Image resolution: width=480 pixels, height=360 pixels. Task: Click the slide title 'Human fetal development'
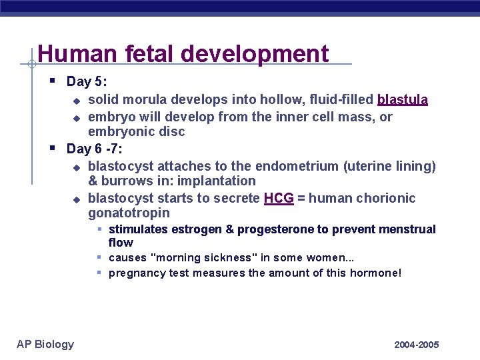[183, 53]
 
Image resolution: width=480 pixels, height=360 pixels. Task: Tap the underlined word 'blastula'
[403, 100]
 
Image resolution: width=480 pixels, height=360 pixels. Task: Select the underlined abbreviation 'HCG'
[279, 198]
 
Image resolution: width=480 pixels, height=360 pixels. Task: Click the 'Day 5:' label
[87, 82]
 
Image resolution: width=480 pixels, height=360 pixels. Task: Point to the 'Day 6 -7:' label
[95, 149]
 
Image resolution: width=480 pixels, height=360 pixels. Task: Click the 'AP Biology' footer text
[45, 344]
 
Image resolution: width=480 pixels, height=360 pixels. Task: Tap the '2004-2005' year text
[417, 345]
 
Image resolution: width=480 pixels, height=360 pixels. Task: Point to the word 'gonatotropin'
[129, 213]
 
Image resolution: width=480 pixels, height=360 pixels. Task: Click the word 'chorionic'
[388, 198]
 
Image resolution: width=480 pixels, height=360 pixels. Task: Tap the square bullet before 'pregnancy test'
[99, 272]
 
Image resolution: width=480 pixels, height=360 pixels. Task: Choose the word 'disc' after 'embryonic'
[171, 131]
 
